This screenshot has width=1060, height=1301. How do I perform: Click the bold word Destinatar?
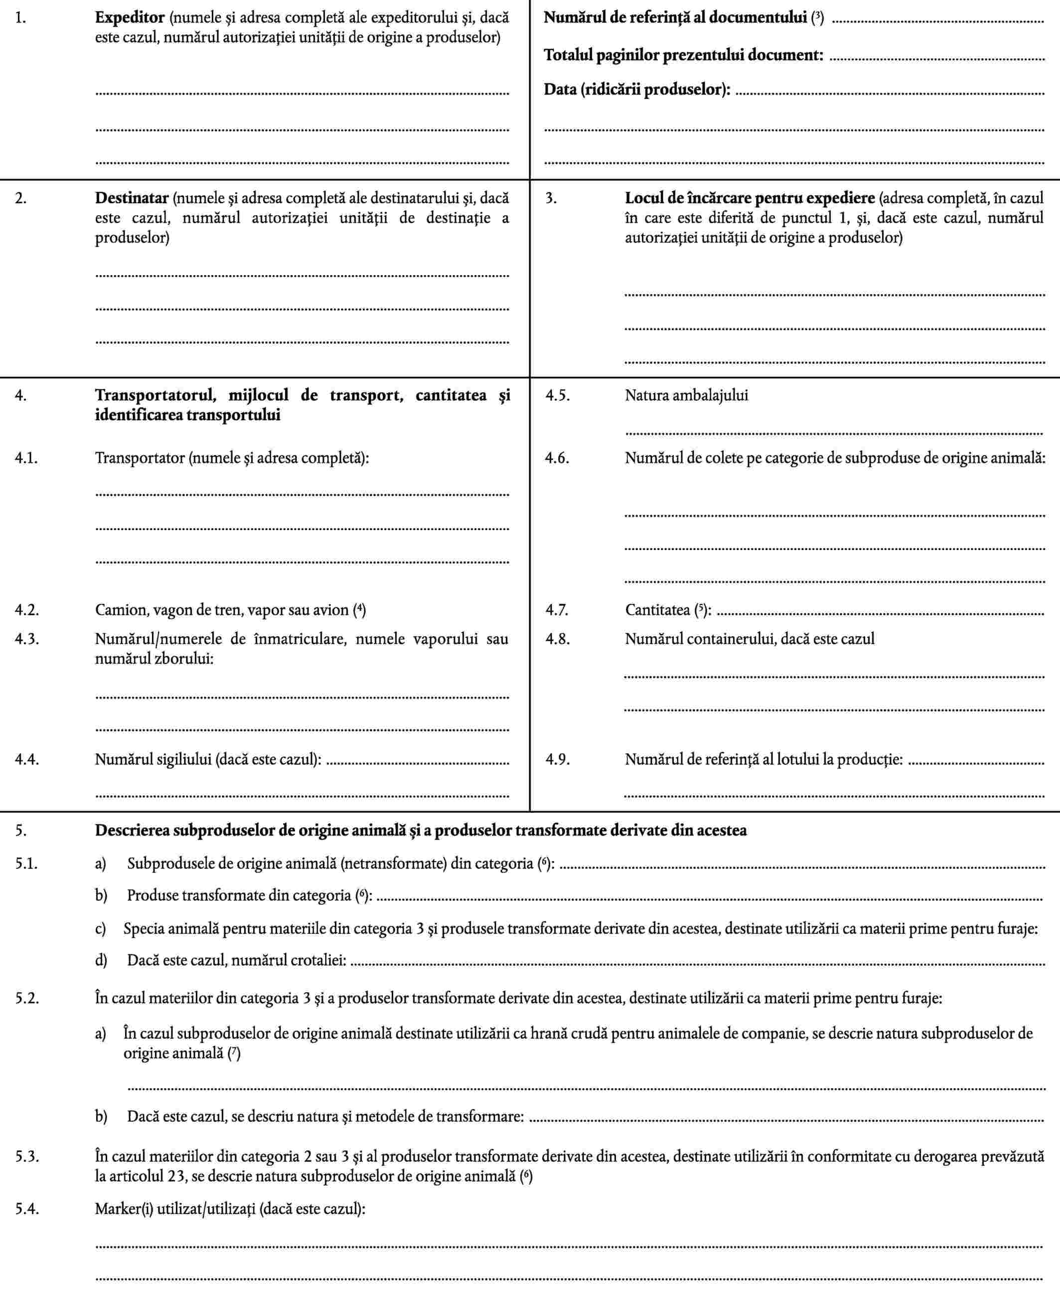pyautogui.click(x=131, y=198)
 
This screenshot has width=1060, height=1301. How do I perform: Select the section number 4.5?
pyautogui.click(x=558, y=395)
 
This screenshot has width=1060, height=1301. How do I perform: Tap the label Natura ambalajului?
pyautogui.click(x=686, y=395)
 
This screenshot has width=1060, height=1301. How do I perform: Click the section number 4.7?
pyautogui.click(x=557, y=609)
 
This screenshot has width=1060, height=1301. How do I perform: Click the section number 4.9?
pyautogui.click(x=558, y=759)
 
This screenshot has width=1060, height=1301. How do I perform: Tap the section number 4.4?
pyautogui.click(x=27, y=759)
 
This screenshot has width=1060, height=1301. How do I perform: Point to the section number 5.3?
pyautogui.click(x=27, y=1156)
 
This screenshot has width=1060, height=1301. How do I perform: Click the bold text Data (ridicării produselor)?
pyautogui.click(x=637, y=89)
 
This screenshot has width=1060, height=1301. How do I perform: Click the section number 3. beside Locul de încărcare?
pyautogui.click(x=551, y=198)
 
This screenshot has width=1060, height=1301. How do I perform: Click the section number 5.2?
pyautogui.click(x=27, y=999)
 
